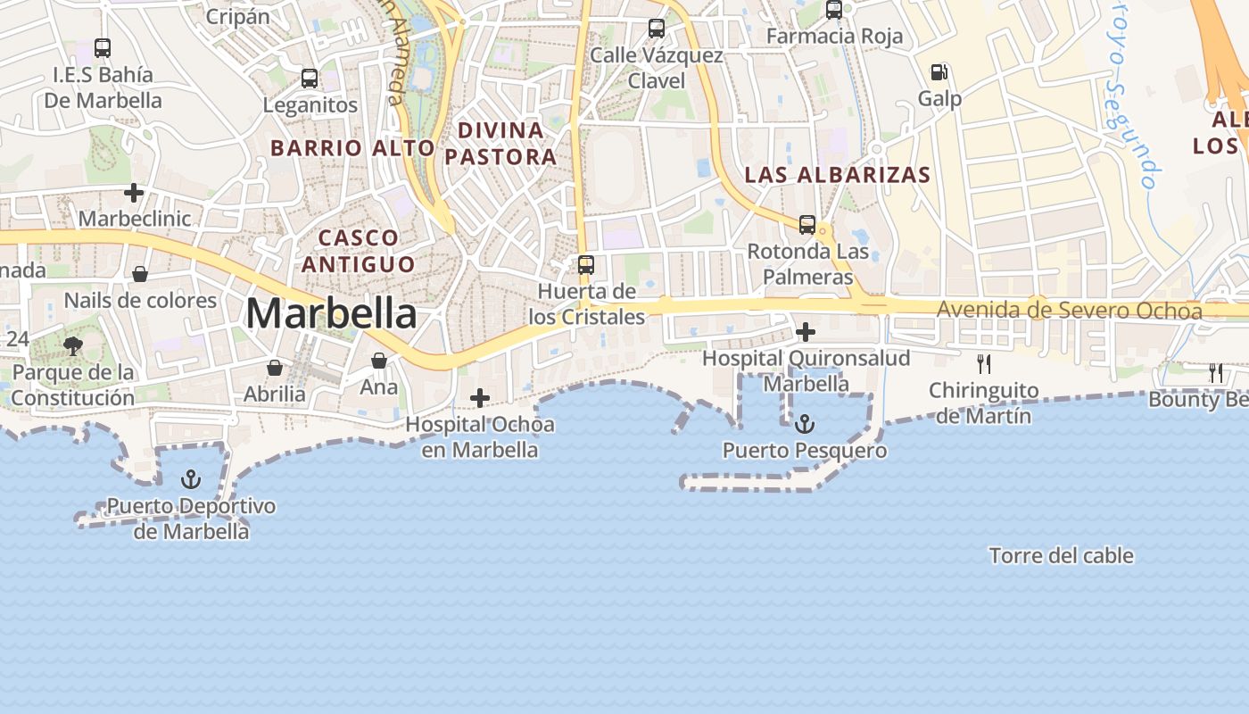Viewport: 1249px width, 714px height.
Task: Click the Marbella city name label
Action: tap(331, 313)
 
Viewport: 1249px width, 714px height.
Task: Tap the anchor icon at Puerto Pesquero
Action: tap(805, 423)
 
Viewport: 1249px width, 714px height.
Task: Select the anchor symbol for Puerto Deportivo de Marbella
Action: tap(190, 479)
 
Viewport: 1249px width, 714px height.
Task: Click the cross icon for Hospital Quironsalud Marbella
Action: tap(806, 332)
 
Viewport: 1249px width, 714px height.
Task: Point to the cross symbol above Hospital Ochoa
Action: tap(480, 397)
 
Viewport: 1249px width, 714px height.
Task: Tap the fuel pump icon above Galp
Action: tap(939, 71)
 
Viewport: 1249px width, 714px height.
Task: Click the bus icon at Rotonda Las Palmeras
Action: tap(807, 224)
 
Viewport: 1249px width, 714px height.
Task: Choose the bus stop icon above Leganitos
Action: tap(310, 78)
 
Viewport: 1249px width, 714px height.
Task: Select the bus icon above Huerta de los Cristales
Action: tap(586, 264)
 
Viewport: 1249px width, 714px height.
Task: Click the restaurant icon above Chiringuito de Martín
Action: tap(983, 363)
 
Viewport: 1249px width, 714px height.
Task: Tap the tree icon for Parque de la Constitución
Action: tap(73, 345)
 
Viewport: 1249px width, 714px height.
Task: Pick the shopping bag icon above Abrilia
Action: tap(275, 367)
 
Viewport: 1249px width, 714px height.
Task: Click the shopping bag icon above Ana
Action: tap(379, 360)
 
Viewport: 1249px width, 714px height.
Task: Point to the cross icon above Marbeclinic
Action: tap(134, 192)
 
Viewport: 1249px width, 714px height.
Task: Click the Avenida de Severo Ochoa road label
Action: tap(1070, 311)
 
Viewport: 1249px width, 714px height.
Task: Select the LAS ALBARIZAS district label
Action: tap(838, 175)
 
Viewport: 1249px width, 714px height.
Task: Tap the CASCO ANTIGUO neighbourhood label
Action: tap(359, 251)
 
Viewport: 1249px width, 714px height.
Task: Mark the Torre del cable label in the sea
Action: tap(1062, 555)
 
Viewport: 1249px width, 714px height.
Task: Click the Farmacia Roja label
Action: tap(835, 37)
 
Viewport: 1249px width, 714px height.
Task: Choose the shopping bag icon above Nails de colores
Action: tap(140, 273)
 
